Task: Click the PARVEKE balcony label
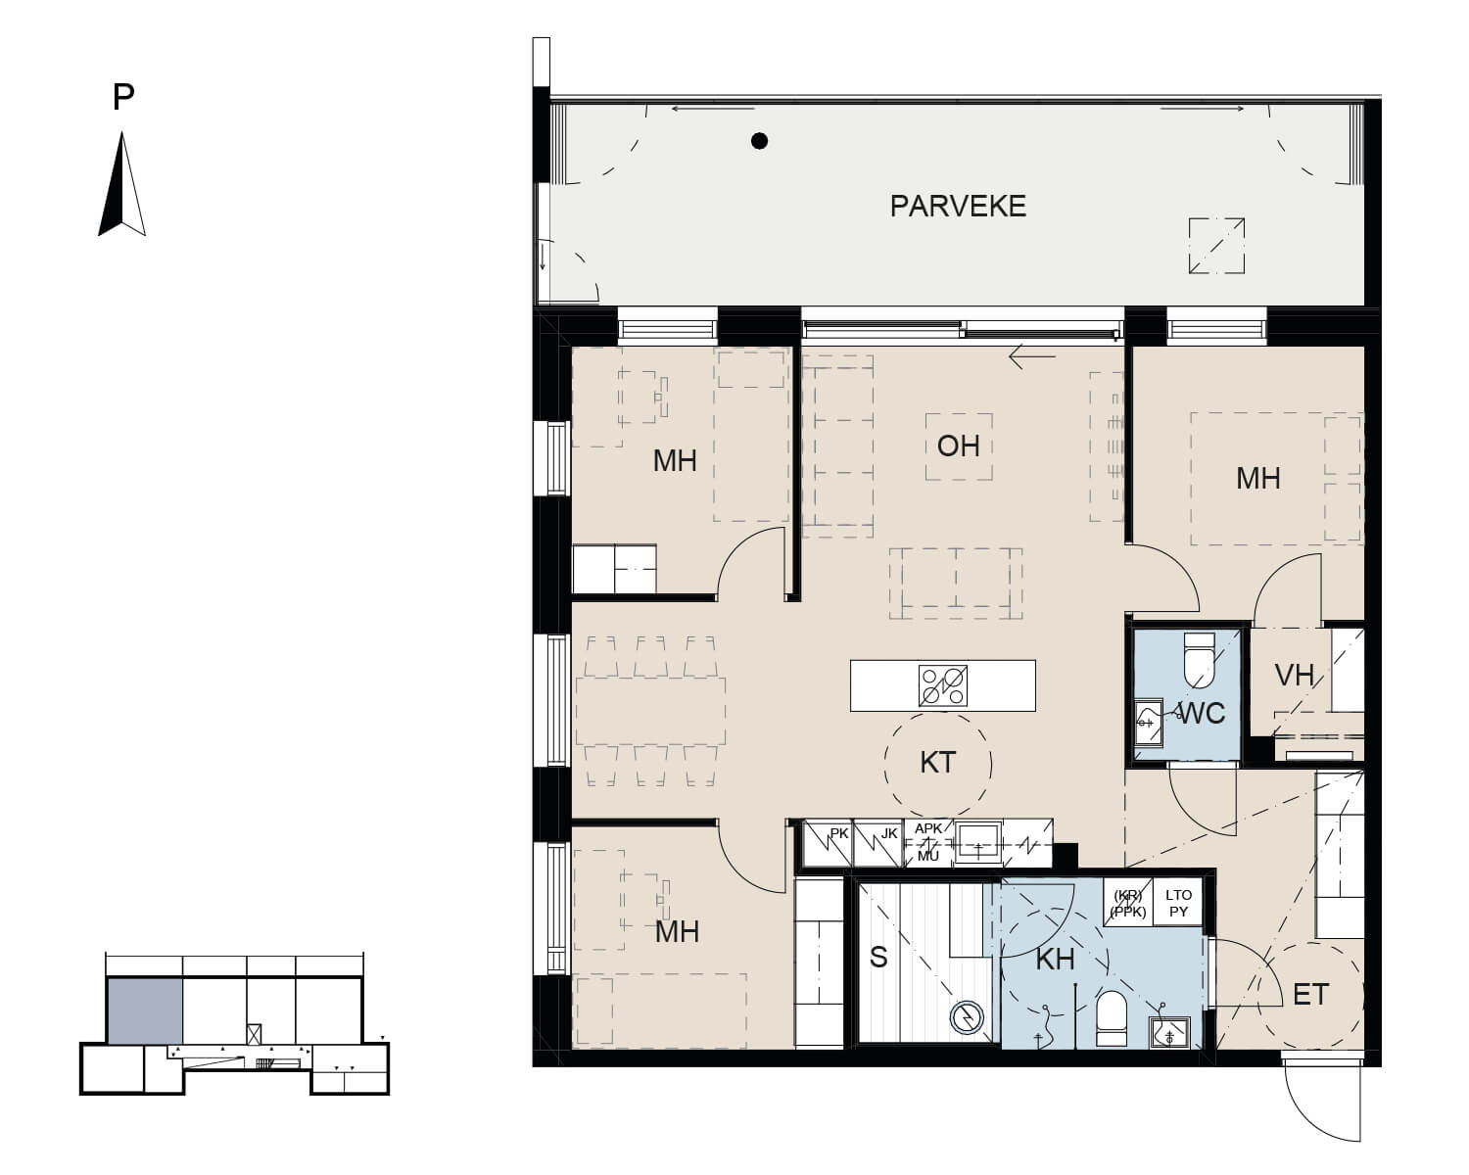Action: coord(958,207)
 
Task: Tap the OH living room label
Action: coord(959,446)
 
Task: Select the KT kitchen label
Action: coord(937,763)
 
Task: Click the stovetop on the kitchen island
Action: coord(943,685)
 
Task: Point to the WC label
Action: coord(1202,714)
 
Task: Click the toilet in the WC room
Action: coord(1200,660)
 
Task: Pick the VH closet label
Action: coord(1295,676)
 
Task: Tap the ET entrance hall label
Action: coord(1310,995)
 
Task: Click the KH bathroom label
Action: coord(1056,960)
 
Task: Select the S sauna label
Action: coord(878,958)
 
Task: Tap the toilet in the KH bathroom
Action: coord(1112,1018)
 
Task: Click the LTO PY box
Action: coord(1178,903)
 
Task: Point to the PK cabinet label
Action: coord(839,833)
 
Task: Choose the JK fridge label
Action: coord(889,833)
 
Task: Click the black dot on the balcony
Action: coord(759,141)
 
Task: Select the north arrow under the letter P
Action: coord(122,184)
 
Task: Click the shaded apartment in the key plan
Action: coord(145,1010)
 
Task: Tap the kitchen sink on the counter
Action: coord(978,842)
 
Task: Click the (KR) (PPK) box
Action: coord(1127,903)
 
